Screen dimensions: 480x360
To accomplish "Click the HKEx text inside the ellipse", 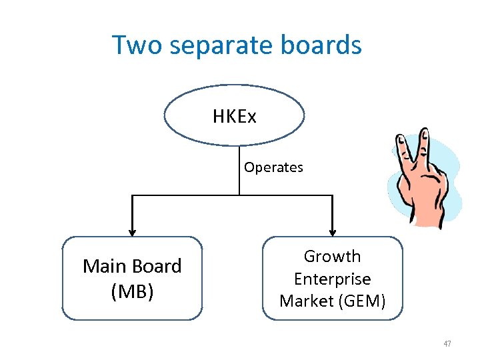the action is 234,117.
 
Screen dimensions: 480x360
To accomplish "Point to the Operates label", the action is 273,167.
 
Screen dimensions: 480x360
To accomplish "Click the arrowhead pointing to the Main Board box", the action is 132,231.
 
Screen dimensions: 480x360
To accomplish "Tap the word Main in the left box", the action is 105,267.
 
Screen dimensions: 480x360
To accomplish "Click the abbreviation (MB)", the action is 132,292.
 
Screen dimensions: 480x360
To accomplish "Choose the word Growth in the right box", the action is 332,257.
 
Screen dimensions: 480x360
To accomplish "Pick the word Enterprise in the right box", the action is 332,279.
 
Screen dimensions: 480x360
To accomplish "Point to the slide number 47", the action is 447,344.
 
